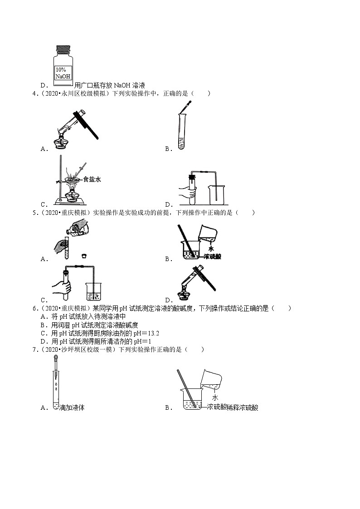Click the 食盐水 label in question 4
click(x=92, y=179)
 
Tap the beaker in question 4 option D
click(x=216, y=196)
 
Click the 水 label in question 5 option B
click(x=211, y=248)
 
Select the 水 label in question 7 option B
click(x=215, y=398)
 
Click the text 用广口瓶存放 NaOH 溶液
click(x=109, y=85)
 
